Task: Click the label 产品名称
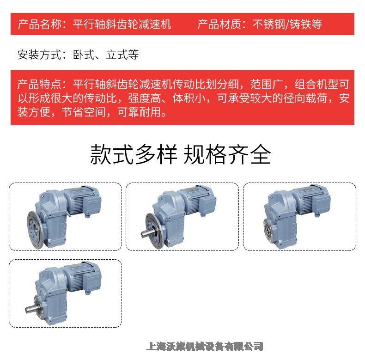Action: pyautogui.click(x=40, y=24)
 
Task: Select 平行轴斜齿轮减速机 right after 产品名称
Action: pyautogui.click(x=122, y=24)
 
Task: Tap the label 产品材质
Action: pyautogui.click(x=219, y=24)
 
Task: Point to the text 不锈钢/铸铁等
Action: pyautogui.click(x=287, y=24)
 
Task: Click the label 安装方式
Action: pyautogui.click(x=40, y=55)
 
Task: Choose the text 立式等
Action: pyautogui.click(x=122, y=55)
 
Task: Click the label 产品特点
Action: pyautogui.click(x=39, y=84)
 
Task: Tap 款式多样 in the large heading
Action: pyautogui.click(x=134, y=154)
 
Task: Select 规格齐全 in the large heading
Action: pyautogui.click(x=227, y=154)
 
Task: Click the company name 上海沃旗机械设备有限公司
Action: pyautogui.click(x=205, y=346)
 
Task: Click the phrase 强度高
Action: pyautogui.click(x=144, y=98)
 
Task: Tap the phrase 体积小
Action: pyautogui.click(x=189, y=98)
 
